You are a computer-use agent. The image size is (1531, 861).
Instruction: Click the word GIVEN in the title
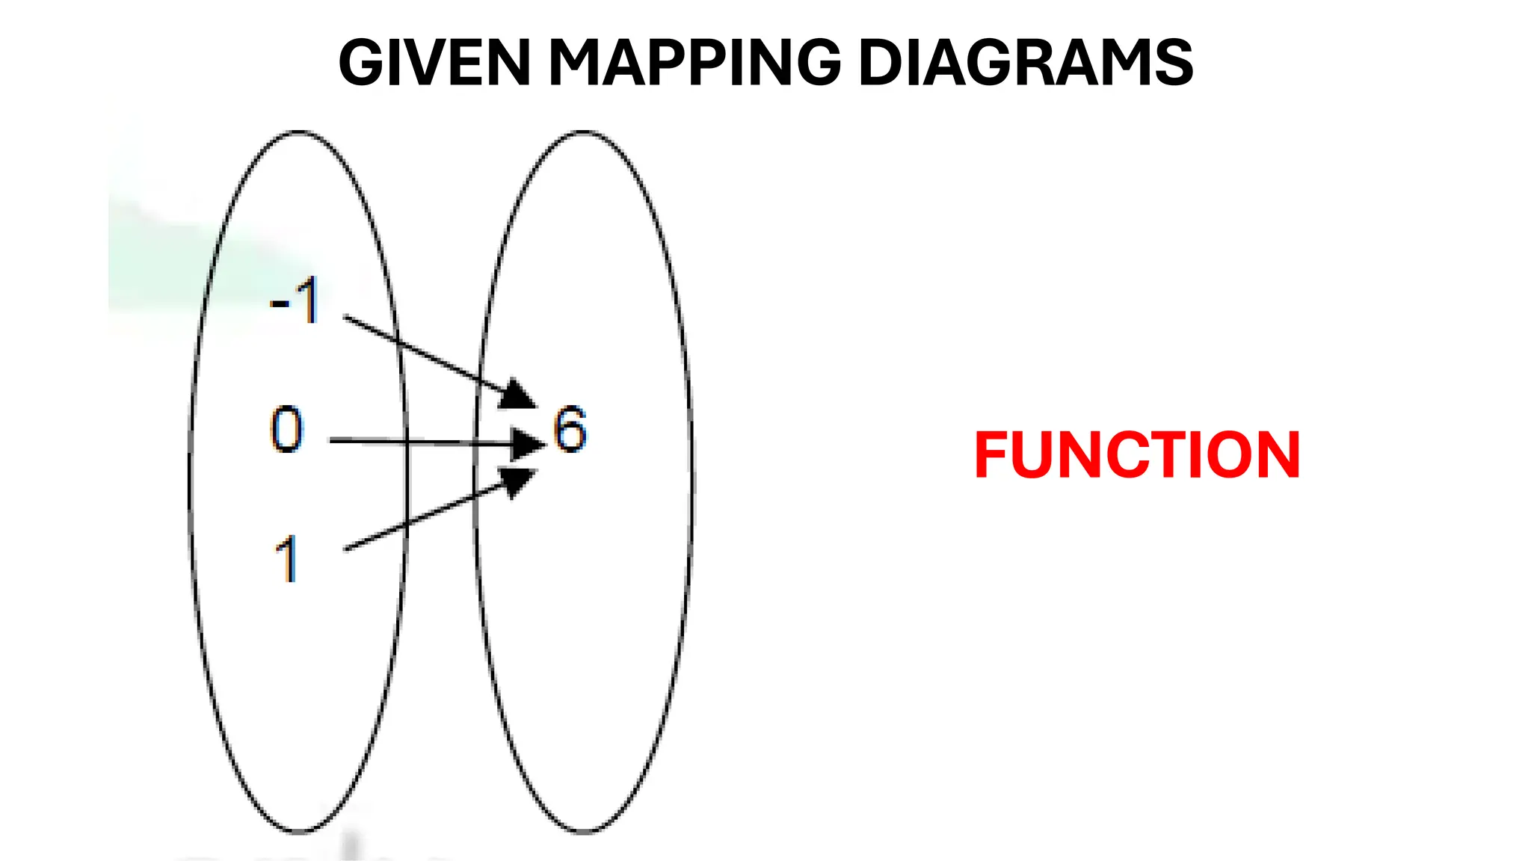tap(434, 63)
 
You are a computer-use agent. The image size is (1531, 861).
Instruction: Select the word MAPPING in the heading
tap(695, 63)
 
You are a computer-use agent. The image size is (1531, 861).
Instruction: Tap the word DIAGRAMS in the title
tap(1026, 63)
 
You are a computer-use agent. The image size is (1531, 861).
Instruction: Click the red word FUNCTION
tap(1137, 455)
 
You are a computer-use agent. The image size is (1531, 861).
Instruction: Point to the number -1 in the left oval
tap(296, 300)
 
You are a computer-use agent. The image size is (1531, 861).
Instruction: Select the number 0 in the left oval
tap(287, 430)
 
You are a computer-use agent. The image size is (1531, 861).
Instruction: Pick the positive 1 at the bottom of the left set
tap(287, 559)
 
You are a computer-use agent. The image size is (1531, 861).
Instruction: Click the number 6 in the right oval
tap(570, 429)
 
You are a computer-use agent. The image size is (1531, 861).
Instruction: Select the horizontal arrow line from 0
tap(419, 442)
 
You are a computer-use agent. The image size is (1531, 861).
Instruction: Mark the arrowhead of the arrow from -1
tap(517, 395)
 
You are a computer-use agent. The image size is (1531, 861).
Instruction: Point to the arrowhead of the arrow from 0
tap(528, 444)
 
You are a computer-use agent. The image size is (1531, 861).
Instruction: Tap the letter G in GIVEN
tap(363, 63)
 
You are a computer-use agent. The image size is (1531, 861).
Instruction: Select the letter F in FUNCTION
tap(992, 455)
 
